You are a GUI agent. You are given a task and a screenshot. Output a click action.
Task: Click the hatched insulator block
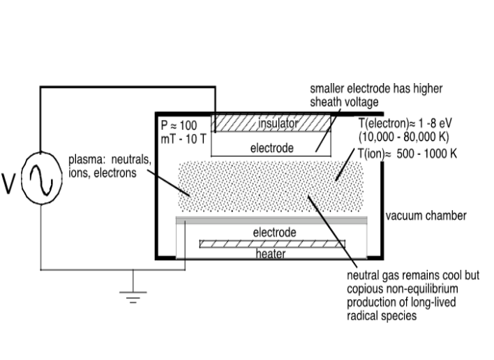pyautogui.click(x=234, y=124)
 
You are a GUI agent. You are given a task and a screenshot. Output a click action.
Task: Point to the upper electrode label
pyautogui.click(x=273, y=148)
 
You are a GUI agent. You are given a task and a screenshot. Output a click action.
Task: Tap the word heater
pyautogui.click(x=271, y=254)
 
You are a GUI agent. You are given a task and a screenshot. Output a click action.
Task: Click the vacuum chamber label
pyautogui.click(x=426, y=216)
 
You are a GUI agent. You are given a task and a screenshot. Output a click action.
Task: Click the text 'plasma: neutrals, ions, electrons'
pyautogui.click(x=108, y=166)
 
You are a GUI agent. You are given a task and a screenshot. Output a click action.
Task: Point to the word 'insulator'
pyautogui.click(x=278, y=123)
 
